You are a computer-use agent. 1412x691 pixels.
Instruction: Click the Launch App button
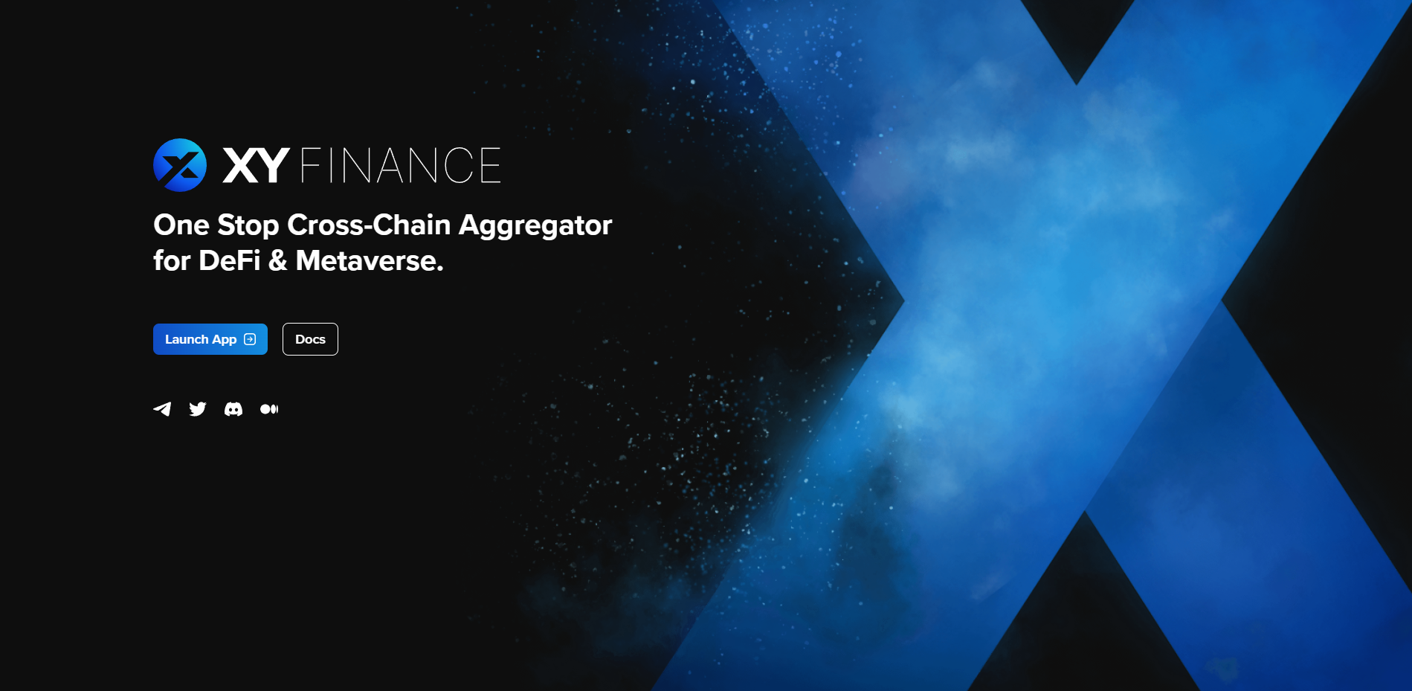coord(210,339)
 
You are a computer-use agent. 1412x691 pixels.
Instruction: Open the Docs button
coord(310,339)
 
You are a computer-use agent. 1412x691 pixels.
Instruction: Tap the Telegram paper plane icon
coord(162,409)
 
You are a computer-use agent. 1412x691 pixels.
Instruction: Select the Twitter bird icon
coord(198,409)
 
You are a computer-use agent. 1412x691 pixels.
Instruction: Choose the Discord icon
coord(233,409)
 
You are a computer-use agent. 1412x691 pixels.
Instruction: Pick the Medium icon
coord(269,409)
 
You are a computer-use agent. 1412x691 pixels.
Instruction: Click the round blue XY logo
coord(180,165)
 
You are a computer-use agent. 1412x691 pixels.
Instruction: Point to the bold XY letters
coord(256,165)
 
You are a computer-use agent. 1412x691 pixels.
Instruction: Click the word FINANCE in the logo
coord(401,165)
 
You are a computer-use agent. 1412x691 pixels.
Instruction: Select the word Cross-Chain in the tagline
coord(370,225)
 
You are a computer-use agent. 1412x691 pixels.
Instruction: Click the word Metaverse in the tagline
coord(370,261)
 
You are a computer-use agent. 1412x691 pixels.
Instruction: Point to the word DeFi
coord(230,261)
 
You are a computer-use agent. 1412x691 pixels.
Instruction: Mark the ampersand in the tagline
coord(278,261)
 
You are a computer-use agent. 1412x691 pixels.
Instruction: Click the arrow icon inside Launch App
coord(250,339)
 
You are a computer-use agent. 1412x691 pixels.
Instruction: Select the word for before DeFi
coord(172,261)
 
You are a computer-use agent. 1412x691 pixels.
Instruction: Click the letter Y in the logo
coord(273,165)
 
